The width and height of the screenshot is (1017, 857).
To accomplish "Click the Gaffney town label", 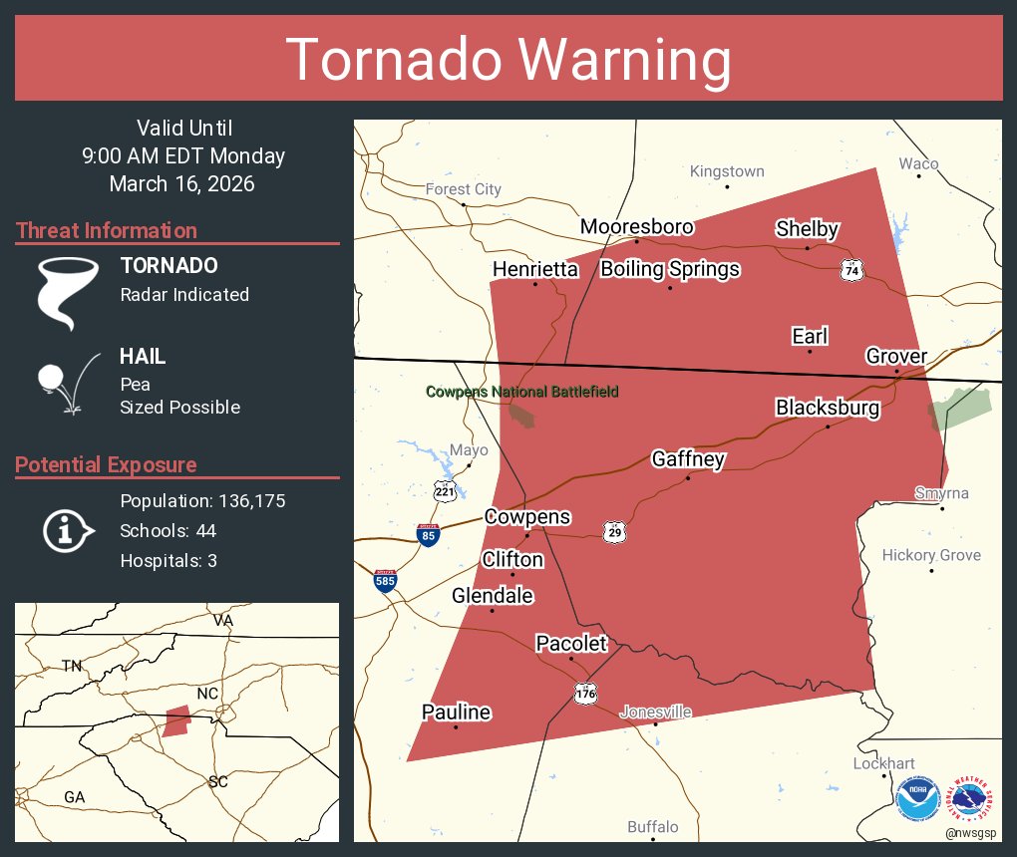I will pyautogui.click(x=688, y=459).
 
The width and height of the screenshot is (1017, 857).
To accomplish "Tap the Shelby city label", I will pyautogui.click(x=807, y=229).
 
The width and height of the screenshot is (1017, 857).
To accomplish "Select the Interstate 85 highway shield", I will pyautogui.click(x=429, y=535).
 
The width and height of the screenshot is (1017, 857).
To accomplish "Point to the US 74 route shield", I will pyautogui.click(x=850, y=270).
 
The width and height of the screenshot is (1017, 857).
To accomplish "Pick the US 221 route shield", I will pyautogui.click(x=445, y=489).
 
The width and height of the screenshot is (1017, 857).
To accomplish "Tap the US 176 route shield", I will pyautogui.click(x=585, y=693).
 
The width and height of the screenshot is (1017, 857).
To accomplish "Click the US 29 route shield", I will pyautogui.click(x=614, y=531).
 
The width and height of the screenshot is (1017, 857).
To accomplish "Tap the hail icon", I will pyautogui.click(x=65, y=383).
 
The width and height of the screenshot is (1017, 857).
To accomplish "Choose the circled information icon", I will pyautogui.click(x=67, y=531).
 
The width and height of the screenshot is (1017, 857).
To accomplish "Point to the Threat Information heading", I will pyautogui.click(x=107, y=230).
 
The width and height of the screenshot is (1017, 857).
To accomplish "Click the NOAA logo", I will pyautogui.click(x=917, y=799).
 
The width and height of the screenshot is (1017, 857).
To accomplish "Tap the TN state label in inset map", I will pyautogui.click(x=72, y=666).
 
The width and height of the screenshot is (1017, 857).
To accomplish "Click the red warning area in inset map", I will pyautogui.click(x=176, y=720).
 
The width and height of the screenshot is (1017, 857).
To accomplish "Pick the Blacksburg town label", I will pyautogui.click(x=828, y=408).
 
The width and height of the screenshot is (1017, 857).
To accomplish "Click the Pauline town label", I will pyautogui.click(x=456, y=712).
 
